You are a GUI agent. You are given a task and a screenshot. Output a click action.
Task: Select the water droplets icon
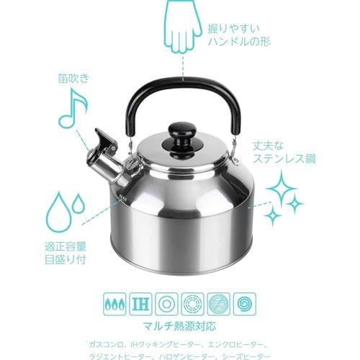point(66,210)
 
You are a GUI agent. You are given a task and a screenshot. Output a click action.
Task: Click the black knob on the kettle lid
point(181,136)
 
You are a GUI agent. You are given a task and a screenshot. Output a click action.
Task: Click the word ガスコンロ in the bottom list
point(121,341)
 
